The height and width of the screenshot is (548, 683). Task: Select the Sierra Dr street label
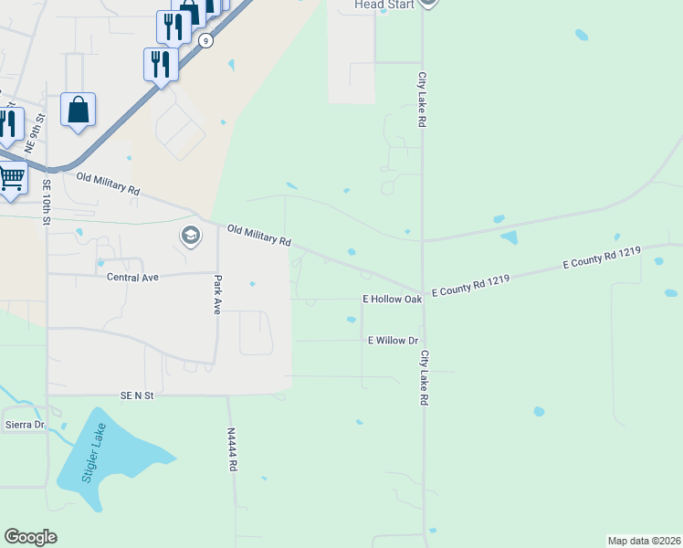pos(25,425)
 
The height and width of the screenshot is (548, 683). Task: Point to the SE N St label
pos(139,395)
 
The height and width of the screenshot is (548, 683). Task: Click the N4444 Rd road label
pos(233,449)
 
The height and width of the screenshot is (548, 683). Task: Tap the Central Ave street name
pos(133,276)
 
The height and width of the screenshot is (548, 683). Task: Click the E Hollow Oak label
pos(392,299)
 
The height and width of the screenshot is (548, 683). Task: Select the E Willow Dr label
pos(393,340)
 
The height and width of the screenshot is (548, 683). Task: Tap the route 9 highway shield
pos(207,41)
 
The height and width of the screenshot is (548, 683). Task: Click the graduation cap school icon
pos(191,236)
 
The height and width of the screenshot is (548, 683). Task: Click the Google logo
pos(30,537)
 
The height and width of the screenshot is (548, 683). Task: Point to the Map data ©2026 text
pos(643,540)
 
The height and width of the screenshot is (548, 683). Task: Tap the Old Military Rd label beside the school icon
pos(259,236)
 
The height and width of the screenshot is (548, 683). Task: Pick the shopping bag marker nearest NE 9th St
pos(79,109)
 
